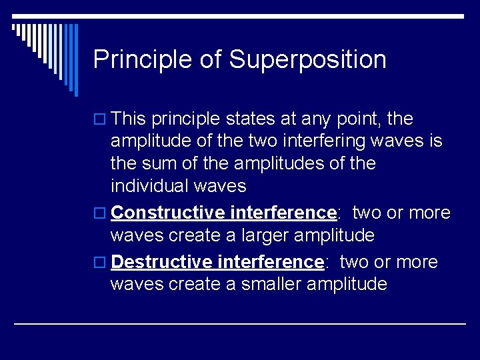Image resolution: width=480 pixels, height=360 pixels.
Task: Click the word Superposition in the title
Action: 307,60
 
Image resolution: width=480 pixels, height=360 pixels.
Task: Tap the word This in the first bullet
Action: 129,119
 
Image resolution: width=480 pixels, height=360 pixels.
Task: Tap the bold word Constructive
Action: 167,213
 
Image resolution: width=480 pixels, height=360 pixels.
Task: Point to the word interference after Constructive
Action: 283,213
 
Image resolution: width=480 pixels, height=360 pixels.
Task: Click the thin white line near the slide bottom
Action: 240,323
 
